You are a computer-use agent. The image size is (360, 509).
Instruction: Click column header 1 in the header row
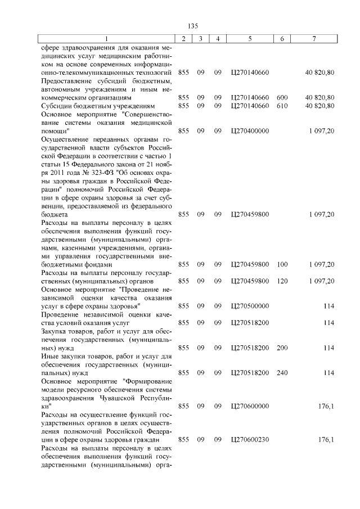pos(106,38)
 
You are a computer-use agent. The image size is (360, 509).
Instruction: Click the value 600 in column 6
pos(282,97)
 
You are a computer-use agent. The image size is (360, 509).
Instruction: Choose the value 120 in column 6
pos(282,281)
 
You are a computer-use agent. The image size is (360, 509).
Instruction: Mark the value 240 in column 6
pos(282,373)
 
